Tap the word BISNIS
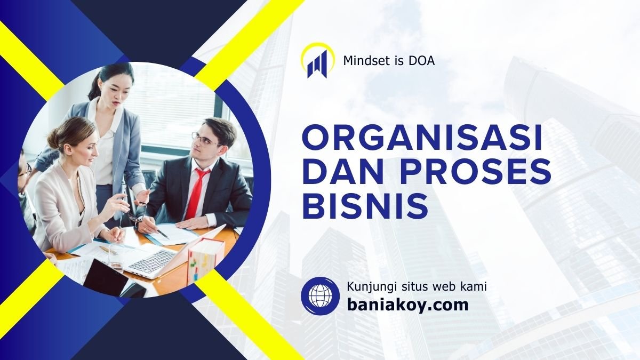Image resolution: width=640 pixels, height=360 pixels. pyautogui.click(x=365, y=207)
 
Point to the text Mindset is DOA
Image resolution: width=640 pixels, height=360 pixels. pyautogui.click(x=389, y=61)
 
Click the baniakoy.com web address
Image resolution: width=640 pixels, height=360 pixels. pyautogui.click(x=407, y=305)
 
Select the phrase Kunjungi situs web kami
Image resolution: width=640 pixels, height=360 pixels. pyautogui.click(x=417, y=286)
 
